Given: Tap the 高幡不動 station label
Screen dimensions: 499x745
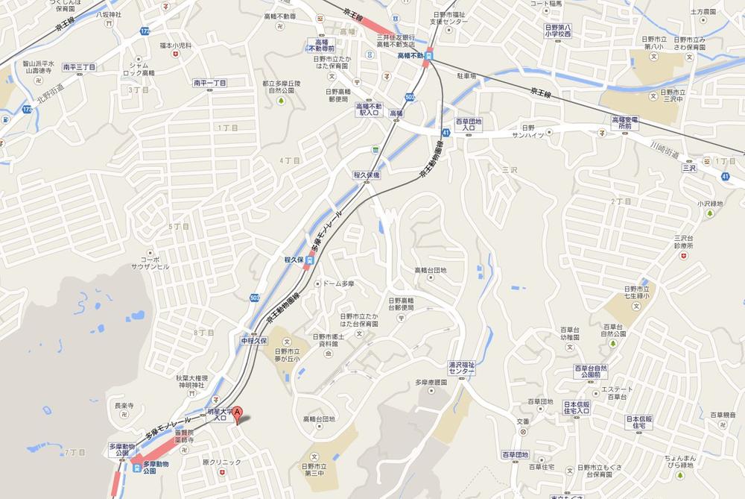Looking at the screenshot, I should [x=410, y=55].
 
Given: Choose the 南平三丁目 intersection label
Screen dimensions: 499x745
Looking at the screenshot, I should [x=80, y=67].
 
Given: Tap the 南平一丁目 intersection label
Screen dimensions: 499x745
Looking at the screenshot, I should [x=209, y=83].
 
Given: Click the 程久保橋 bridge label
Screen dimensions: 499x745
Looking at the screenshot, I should [x=367, y=175].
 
